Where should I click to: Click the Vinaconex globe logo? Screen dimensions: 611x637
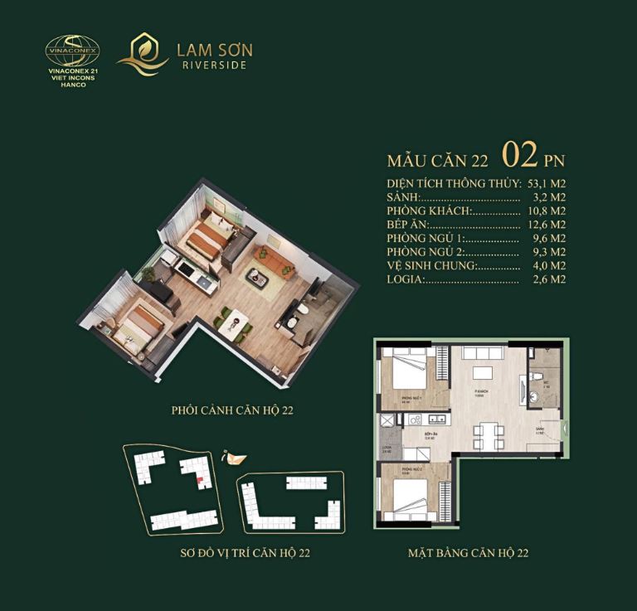[x=71, y=51]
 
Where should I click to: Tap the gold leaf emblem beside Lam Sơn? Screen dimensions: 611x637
[x=143, y=54]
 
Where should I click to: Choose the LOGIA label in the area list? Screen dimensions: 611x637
[x=406, y=279]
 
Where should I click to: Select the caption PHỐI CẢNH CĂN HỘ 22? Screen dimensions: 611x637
[x=232, y=410]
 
